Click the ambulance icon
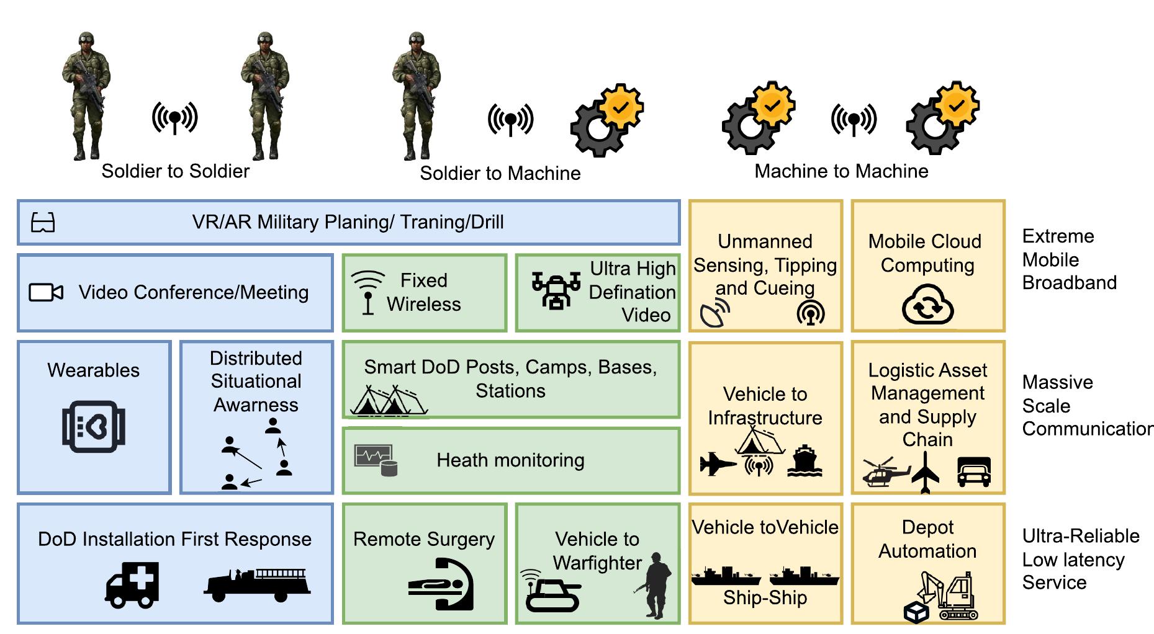pos(132,584)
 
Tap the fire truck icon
pos(257,584)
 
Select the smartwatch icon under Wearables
pos(94,427)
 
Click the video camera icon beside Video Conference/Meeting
pos(46,292)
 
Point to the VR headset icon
pos(43,222)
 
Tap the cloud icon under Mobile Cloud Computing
pos(927,305)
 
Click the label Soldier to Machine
pos(500,173)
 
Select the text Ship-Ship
pos(765,598)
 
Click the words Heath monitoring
pos(510,460)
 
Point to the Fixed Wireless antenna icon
pos(368,292)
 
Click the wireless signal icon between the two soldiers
pos(175,118)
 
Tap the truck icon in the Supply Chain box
pos(974,472)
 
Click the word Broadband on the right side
pos(1069,283)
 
